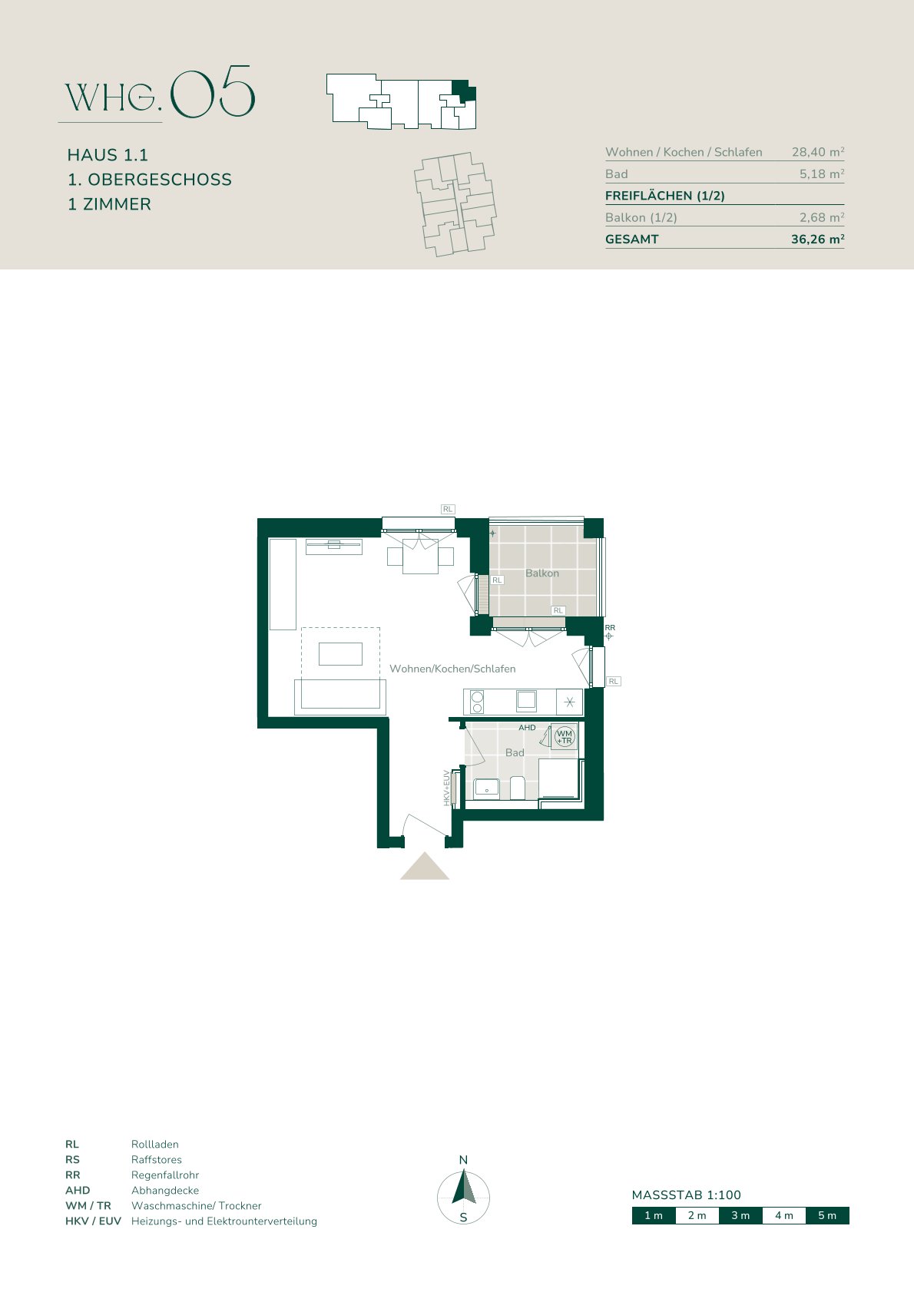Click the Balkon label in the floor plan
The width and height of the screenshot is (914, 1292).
[x=541, y=573]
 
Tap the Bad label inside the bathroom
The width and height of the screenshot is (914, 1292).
[x=515, y=752]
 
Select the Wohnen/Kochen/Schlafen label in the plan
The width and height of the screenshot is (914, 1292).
[x=452, y=669]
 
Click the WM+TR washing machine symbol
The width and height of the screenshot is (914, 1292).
[x=564, y=736]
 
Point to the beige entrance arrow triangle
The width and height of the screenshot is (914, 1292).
[x=425, y=867]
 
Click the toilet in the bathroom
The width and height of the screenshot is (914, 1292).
[x=517, y=788]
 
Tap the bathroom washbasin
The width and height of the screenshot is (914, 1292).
[x=486, y=788]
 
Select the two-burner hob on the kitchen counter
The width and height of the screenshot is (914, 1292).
[x=477, y=702]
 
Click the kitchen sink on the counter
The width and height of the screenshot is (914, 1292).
[x=526, y=700]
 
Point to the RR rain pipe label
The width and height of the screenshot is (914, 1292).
[x=610, y=627]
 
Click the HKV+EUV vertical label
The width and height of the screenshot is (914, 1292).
[x=446, y=788]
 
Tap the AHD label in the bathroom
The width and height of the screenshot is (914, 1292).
[x=527, y=728]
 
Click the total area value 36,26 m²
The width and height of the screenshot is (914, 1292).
[x=818, y=239]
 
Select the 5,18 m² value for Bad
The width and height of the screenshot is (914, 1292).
[x=822, y=173]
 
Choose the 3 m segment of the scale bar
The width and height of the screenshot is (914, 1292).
[x=740, y=1215]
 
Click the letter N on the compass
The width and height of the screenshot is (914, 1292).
[x=463, y=1160]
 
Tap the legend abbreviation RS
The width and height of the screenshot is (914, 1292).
[x=72, y=1159]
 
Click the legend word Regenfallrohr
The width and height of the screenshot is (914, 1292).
[x=165, y=1175]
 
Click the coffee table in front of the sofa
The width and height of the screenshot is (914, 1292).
[x=340, y=654]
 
